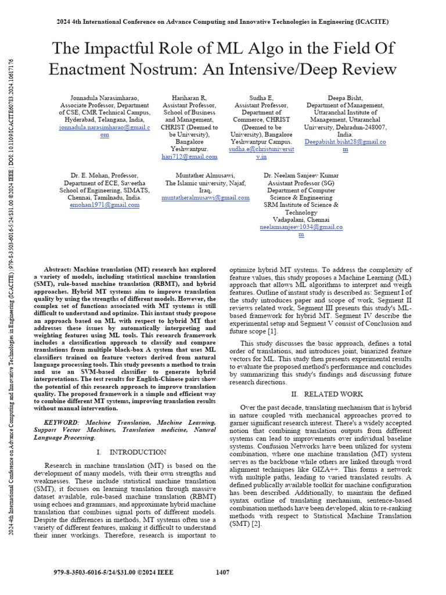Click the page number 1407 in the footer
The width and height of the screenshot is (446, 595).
[x=222, y=572]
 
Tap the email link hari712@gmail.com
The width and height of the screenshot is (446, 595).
[x=189, y=156]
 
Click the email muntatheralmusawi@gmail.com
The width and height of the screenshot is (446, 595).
[x=206, y=198]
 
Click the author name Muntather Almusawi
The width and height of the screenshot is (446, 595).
[x=206, y=175]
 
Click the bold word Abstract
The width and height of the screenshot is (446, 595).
[x=60, y=270]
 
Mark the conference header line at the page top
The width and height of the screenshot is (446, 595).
[x=222, y=21]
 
